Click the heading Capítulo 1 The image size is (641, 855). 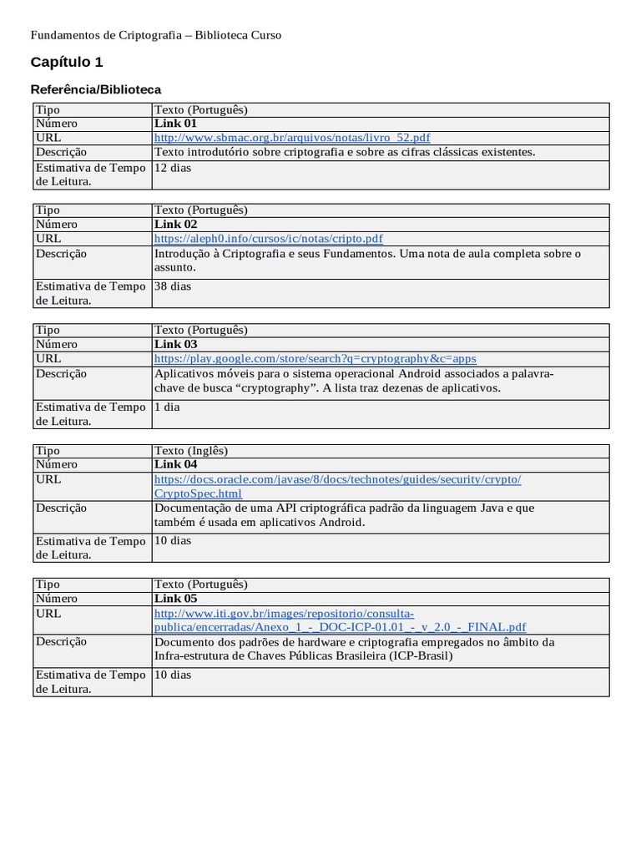tap(67, 62)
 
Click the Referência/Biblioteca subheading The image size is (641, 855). tap(96, 89)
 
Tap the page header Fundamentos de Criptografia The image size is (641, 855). tap(156, 35)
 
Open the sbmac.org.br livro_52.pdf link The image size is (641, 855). tap(292, 137)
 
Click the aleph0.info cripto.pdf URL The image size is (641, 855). tap(269, 238)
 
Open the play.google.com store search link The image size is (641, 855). tap(315, 358)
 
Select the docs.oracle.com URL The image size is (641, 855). tap(338, 478)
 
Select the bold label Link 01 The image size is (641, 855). tap(175, 123)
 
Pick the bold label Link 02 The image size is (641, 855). tap(175, 224)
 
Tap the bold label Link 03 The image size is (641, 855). tap(175, 344)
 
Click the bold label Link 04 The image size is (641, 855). tap(175, 464)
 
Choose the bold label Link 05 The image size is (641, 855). tap(175, 598)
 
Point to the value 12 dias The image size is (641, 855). tap(173, 167)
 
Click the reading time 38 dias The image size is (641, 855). tap(173, 286)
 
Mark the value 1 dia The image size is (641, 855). tap(168, 407)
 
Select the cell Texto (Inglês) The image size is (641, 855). tap(191, 450)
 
